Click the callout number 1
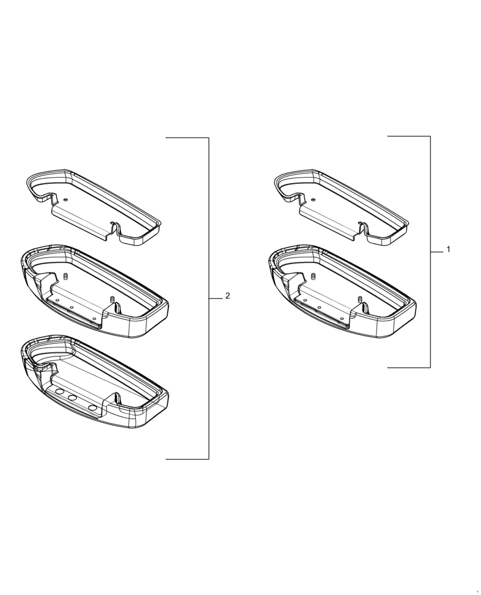(448, 249)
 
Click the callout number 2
(227, 296)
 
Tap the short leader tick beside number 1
(437, 252)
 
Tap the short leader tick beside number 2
(215, 297)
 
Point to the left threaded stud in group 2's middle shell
(65, 277)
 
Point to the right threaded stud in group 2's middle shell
(111, 299)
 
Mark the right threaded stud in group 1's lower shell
(360, 299)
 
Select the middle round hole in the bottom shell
(73, 399)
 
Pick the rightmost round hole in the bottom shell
(93, 408)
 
